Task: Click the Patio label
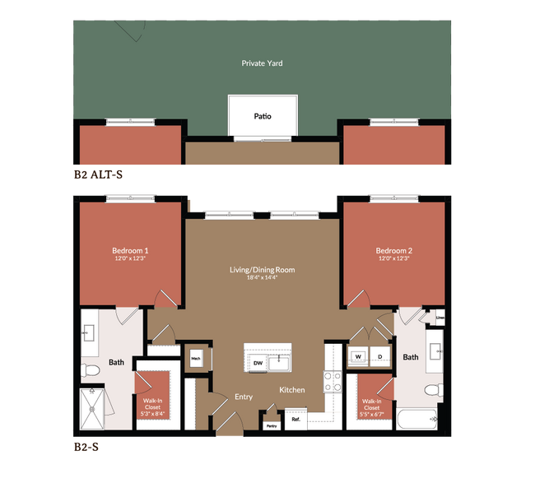coord(262,116)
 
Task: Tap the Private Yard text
coord(262,63)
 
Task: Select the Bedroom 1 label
coord(130,250)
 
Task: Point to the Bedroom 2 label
coord(393,250)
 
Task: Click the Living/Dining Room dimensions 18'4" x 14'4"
coord(262,278)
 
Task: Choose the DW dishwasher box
coord(257,362)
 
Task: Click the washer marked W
coord(359,356)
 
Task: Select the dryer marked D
coord(380,356)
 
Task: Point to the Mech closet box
coord(196,358)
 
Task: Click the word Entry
coord(244,397)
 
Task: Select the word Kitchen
coord(291,389)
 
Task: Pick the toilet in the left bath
coord(91,372)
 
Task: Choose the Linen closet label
coord(440,317)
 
